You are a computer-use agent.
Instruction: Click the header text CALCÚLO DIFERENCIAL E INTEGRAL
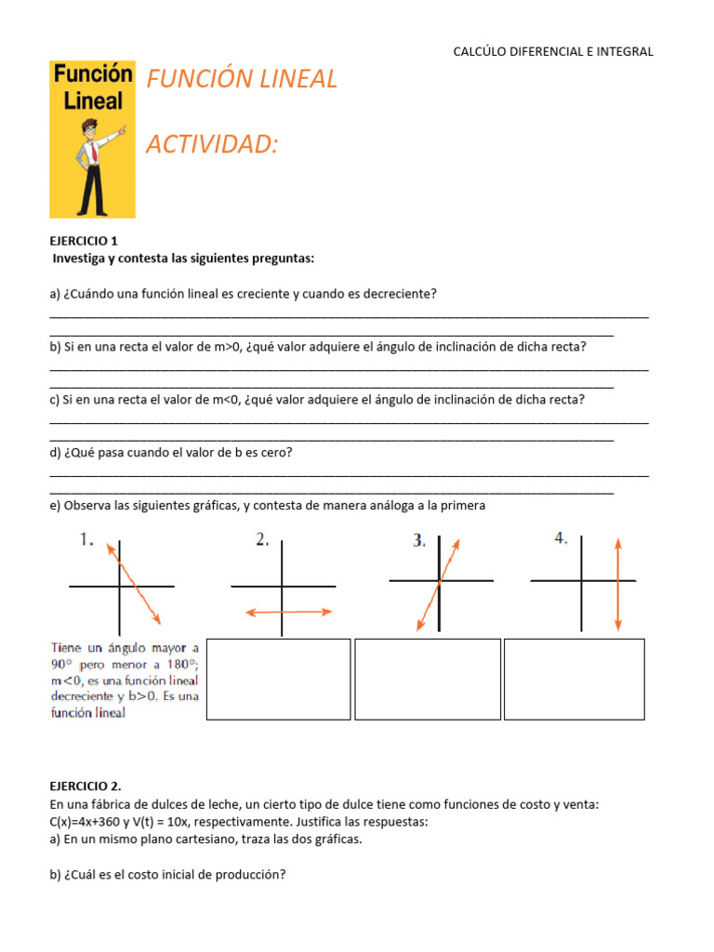(x=553, y=52)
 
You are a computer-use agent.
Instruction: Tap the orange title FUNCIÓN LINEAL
(x=242, y=80)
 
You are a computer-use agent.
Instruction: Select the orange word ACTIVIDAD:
(x=212, y=144)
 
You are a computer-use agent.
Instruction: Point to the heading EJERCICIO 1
(x=84, y=240)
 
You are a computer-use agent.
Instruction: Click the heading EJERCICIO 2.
(x=86, y=786)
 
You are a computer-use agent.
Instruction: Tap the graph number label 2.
(x=262, y=539)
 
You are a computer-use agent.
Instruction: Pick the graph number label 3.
(x=419, y=540)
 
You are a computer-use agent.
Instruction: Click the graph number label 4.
(x=562, y=538)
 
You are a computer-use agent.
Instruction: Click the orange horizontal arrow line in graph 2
(x=288, y=612)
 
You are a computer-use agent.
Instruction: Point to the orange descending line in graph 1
(x=136, y=585)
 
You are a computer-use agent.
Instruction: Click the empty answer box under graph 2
(x=278, y=679)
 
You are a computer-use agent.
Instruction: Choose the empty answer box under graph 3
(x=427, y=679)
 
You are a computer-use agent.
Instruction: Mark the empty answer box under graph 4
(x=574, y=679)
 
